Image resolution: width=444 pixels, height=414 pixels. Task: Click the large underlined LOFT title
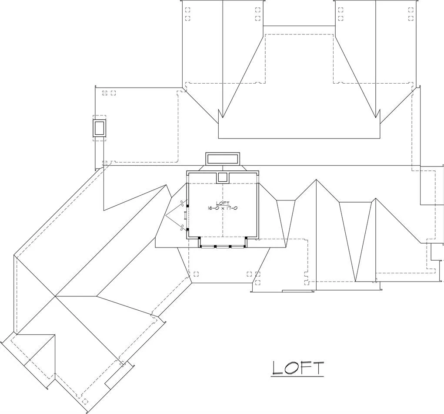pyautogui.click(x=297, y=368)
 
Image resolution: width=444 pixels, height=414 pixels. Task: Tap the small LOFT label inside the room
pyautogui.click(x=223, y=203)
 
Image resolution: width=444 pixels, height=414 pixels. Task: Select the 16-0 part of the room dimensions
pyautogui.click(x=212, y=208)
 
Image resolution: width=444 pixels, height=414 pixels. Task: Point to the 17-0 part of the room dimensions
pyautogui.click(x=233, y=208)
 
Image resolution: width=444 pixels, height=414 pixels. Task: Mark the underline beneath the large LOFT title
pyautogui.click(x=297, y=377)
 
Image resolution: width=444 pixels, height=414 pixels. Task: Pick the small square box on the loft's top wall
pyautogui.click(x=223, y=177)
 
